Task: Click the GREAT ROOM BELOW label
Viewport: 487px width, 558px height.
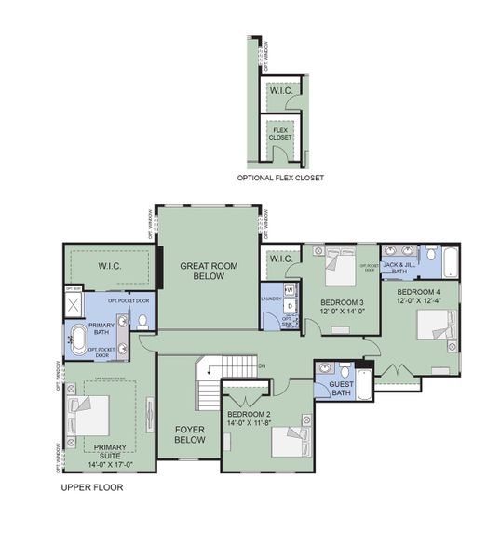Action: [x=209, y=271]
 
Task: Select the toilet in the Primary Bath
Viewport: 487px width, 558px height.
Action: [x=142, y=321]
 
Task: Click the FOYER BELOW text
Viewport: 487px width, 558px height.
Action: [x=190, y=434]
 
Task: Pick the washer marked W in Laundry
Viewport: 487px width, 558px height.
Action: [x=290, y=290]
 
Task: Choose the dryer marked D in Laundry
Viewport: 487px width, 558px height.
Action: [x=290, y=305]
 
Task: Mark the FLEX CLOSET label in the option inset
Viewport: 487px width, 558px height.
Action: [x=280, y=134]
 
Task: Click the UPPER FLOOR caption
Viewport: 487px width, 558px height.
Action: [x=91, y=487]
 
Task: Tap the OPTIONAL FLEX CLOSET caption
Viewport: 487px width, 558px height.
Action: [x=280, y=177]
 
